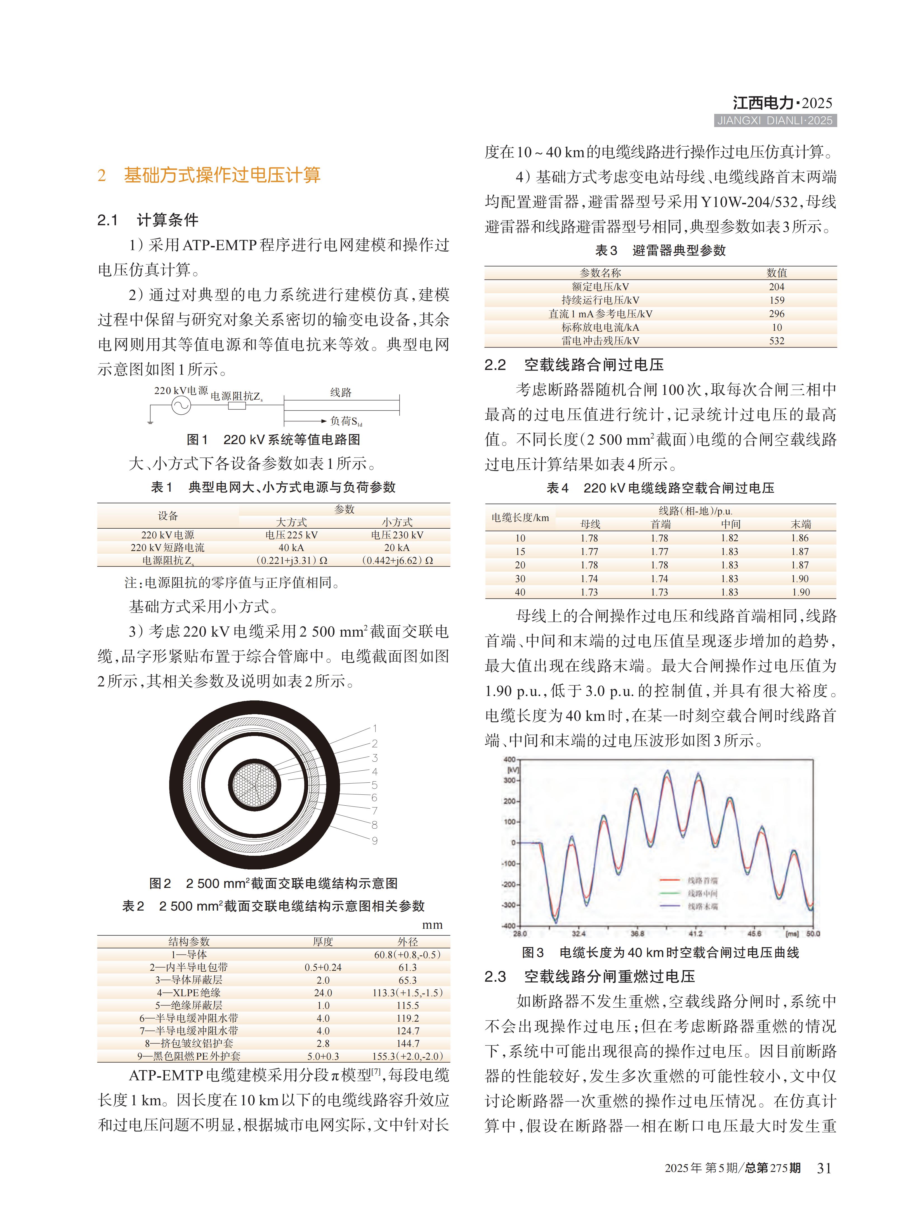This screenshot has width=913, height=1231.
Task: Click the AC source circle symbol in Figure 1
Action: point(181,405)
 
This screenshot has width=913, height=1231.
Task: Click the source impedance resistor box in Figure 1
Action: point(237,405)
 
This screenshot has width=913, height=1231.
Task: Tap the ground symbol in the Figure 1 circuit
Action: point(150,423)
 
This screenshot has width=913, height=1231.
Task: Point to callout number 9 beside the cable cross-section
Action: point(375,841)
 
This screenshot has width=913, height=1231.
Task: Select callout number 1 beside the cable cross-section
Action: point(375,728)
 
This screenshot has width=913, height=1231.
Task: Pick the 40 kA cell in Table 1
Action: point(291,547)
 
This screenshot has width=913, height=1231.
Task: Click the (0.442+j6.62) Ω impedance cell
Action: point(397,560)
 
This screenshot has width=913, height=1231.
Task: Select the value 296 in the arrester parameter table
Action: point(777,313)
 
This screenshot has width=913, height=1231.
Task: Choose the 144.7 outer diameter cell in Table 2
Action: point(408,1043)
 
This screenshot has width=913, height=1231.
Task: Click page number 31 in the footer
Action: point(824,1168)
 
